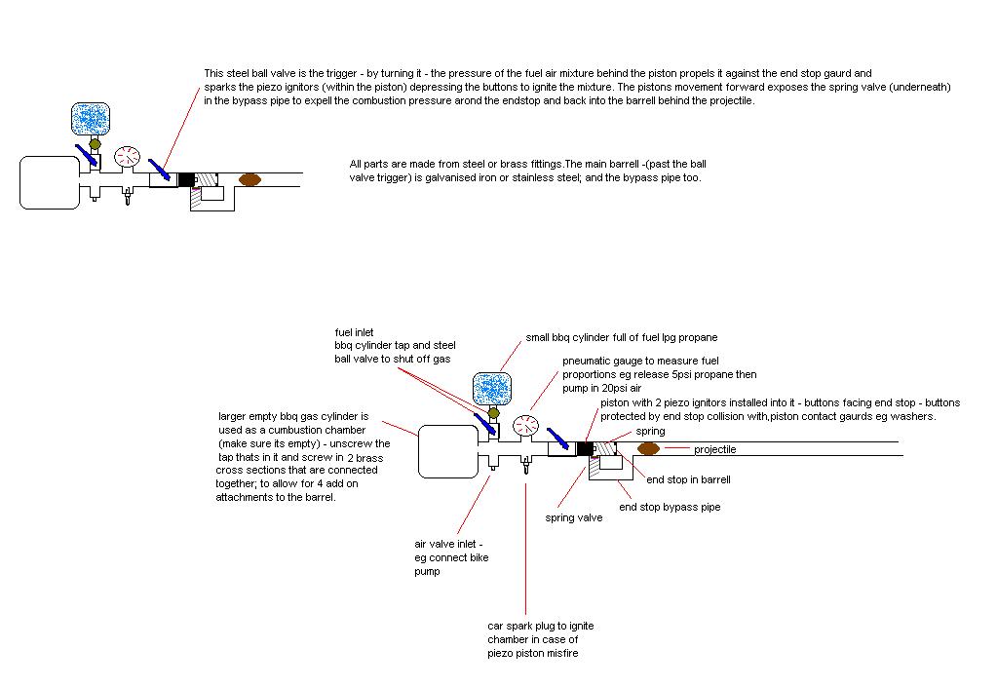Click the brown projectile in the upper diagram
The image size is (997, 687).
tap(250, 179)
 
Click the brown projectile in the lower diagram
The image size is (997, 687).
tap(649, 449)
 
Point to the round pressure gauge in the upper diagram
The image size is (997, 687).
tap(127, 157)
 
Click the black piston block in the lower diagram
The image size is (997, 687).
tap(585, 449)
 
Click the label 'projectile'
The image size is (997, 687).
tap(715, 449)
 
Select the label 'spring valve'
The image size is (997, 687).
tap(573, 518)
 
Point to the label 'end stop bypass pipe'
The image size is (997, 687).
tap(670, 507)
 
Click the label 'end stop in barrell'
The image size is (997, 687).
tap(688, 479)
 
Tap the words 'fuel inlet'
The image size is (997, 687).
tap(355, 332)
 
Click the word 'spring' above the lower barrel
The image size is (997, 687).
tap(650, 431)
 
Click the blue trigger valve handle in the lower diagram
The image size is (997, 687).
tap(558, 438)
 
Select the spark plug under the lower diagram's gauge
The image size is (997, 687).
tap(526, 467)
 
